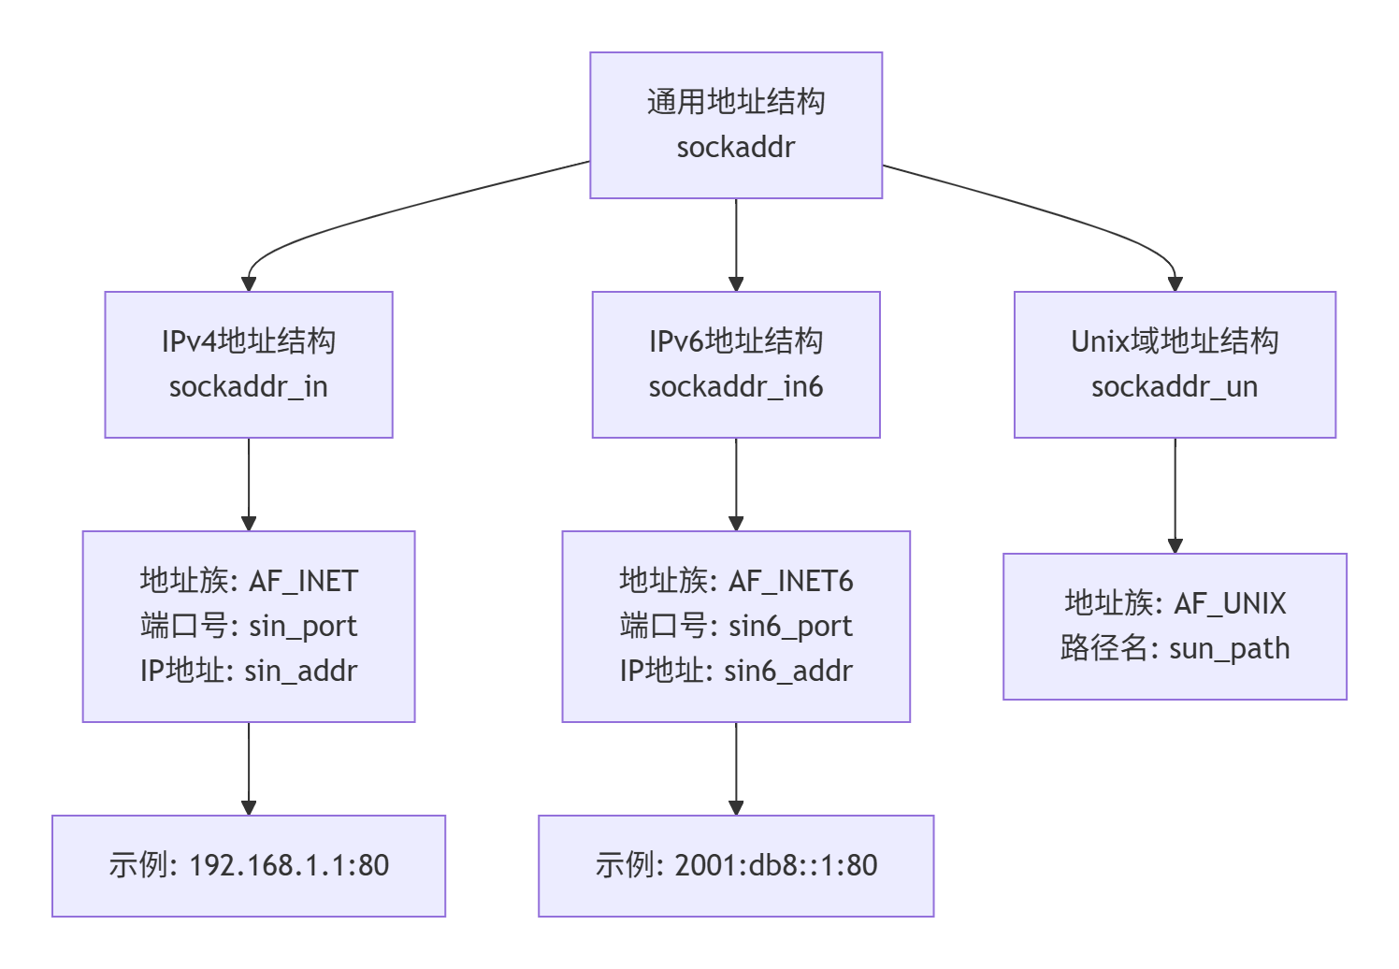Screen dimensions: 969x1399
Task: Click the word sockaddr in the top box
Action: pos(735,148)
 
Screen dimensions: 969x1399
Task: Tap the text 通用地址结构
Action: pos(735,102)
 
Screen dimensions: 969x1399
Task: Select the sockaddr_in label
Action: pos(248,387)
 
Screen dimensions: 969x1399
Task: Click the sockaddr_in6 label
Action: pos(735,387)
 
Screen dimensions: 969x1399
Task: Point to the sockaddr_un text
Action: pos(1174,387)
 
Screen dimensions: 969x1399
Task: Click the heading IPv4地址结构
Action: pos(248,341)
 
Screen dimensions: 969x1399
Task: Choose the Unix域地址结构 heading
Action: pos(1174,341)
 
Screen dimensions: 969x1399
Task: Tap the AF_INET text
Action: pos(303,582)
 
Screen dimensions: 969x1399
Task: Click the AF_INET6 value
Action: pos(790,582)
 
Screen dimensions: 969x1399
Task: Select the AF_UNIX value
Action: pos(1230,604)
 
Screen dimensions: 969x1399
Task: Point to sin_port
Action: pos(303,627)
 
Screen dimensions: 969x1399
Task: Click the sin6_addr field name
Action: pos(788,672)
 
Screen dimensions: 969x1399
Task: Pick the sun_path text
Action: pos(1229,649)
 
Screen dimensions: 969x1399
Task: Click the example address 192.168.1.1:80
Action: pos(289,866)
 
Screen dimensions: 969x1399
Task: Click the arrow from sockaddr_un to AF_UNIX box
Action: pos(1175,496)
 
